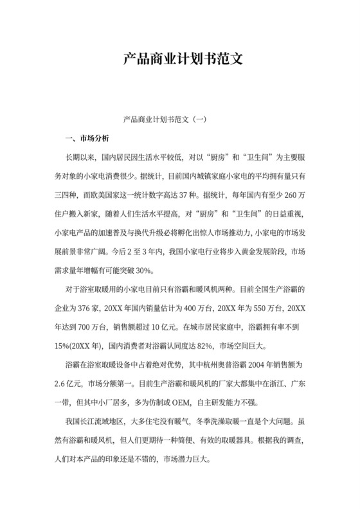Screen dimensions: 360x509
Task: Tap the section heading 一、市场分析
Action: click(87, 139)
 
